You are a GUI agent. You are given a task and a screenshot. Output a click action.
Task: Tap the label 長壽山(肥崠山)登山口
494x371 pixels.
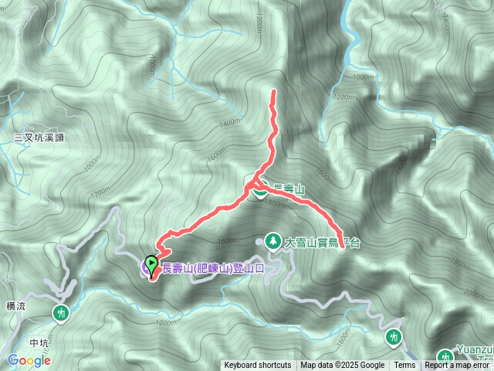pyautogui.click(x=213, y=268)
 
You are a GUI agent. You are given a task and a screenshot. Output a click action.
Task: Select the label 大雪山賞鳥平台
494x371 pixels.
pyautogui.click(x=323, y=243)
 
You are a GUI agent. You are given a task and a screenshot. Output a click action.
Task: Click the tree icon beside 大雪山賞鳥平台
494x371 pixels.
pyautogui.click(x=272, y=241)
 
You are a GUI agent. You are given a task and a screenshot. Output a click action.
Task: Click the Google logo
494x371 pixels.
pyautogui.click(x=29, y=360)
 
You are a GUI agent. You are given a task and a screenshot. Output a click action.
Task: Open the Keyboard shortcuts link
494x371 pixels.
pyautogui.click(x=258, y=366)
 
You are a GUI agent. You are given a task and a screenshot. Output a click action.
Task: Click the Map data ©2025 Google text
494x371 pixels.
pyautogui.click(x=343, y=366)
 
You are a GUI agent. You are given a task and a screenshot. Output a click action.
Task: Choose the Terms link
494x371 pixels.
pyautogui.click(x=404, y=366)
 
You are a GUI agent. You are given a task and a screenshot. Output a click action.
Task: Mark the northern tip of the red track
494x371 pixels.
pyautogui.click(x=274, y=92)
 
